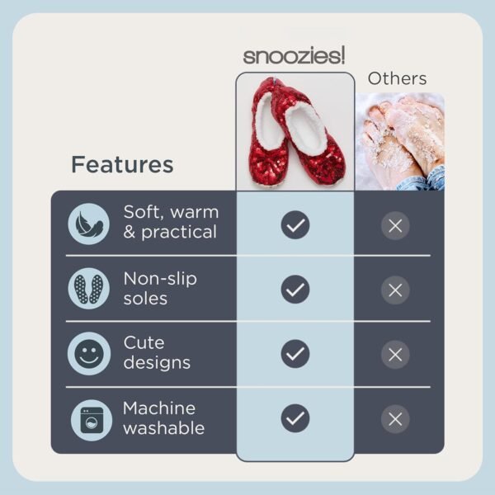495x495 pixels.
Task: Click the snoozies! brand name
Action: (295, 56)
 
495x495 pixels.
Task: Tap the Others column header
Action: (397, 79)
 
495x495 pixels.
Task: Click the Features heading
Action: (122, 164)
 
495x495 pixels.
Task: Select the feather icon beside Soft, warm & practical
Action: (88, 224)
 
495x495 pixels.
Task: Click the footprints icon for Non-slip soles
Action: (88, 289)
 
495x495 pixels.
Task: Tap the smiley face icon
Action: (88, 353)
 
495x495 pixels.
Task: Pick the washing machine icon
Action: (88, 418)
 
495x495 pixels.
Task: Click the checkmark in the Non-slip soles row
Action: (295, 289)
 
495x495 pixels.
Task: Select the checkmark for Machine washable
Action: (295, 418)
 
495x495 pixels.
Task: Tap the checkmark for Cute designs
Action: (295, 353)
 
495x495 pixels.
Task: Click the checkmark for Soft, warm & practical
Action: (295, 224)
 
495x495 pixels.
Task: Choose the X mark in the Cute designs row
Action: (395, 354)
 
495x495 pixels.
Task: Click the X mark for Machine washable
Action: (395, 418)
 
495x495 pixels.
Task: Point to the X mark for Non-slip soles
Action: (395, 290)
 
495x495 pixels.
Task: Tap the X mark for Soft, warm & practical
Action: (395, 224)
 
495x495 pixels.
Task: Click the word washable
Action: (163, 428)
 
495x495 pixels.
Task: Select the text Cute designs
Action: (157, 352)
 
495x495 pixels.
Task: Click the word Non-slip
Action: (160, 278)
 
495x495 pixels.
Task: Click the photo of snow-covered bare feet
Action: (399, 142)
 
